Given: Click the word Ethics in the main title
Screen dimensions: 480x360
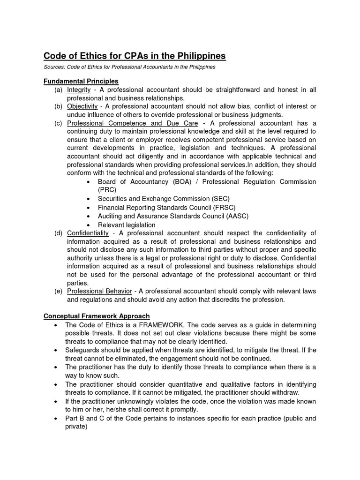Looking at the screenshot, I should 93,56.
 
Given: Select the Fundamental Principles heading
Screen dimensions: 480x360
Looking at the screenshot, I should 81,81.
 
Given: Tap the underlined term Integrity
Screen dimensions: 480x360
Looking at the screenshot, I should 79,90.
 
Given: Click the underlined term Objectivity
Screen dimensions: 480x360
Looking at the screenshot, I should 82,106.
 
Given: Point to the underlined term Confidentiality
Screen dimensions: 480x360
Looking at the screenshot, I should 88,233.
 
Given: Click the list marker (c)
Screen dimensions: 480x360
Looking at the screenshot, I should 58,123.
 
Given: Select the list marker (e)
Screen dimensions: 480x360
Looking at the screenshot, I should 58,291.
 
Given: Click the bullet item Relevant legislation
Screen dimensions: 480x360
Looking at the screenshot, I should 127,225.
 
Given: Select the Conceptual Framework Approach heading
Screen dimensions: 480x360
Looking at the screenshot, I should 97,316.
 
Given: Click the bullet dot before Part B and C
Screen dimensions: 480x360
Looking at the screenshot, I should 56,418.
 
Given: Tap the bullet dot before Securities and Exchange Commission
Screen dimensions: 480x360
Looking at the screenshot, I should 89,199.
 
